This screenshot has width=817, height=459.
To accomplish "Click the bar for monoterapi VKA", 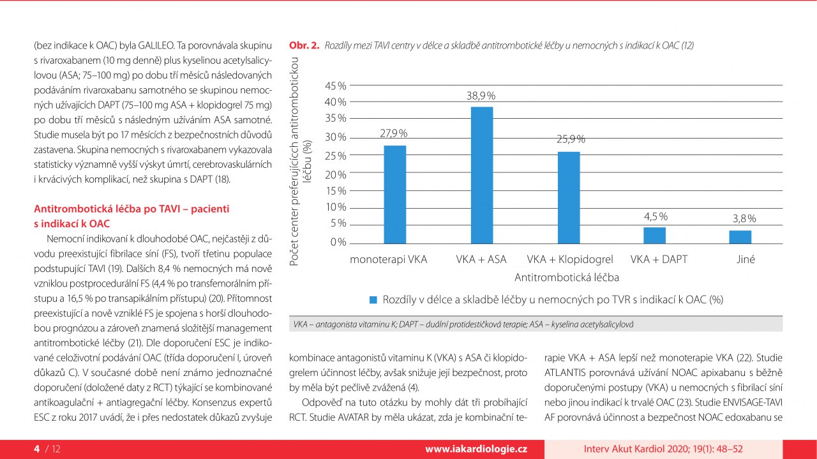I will [394, 195].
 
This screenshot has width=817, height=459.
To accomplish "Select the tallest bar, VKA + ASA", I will [482, 175].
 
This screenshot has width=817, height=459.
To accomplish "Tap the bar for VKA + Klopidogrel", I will [569, 197].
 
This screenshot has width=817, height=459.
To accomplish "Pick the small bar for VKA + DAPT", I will [654, 235].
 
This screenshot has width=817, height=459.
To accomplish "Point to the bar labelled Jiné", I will [740, 237].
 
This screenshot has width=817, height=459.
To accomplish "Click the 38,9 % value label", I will [481, 96].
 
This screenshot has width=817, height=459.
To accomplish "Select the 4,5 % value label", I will [656, 216].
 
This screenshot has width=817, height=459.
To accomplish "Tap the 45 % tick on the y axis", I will [336, 86].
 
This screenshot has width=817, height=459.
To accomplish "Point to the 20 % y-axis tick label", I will [336, 174].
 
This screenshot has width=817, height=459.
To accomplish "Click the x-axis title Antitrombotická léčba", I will [567, 278].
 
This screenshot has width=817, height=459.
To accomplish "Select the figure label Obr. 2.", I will [304, 45].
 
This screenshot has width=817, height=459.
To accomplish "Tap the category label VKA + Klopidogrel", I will [570, 260].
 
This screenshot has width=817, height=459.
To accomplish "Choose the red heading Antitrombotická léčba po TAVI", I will [131, 209].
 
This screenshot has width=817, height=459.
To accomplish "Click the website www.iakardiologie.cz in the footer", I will [476, 449].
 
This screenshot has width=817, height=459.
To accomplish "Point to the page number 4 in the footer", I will [36, 449].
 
